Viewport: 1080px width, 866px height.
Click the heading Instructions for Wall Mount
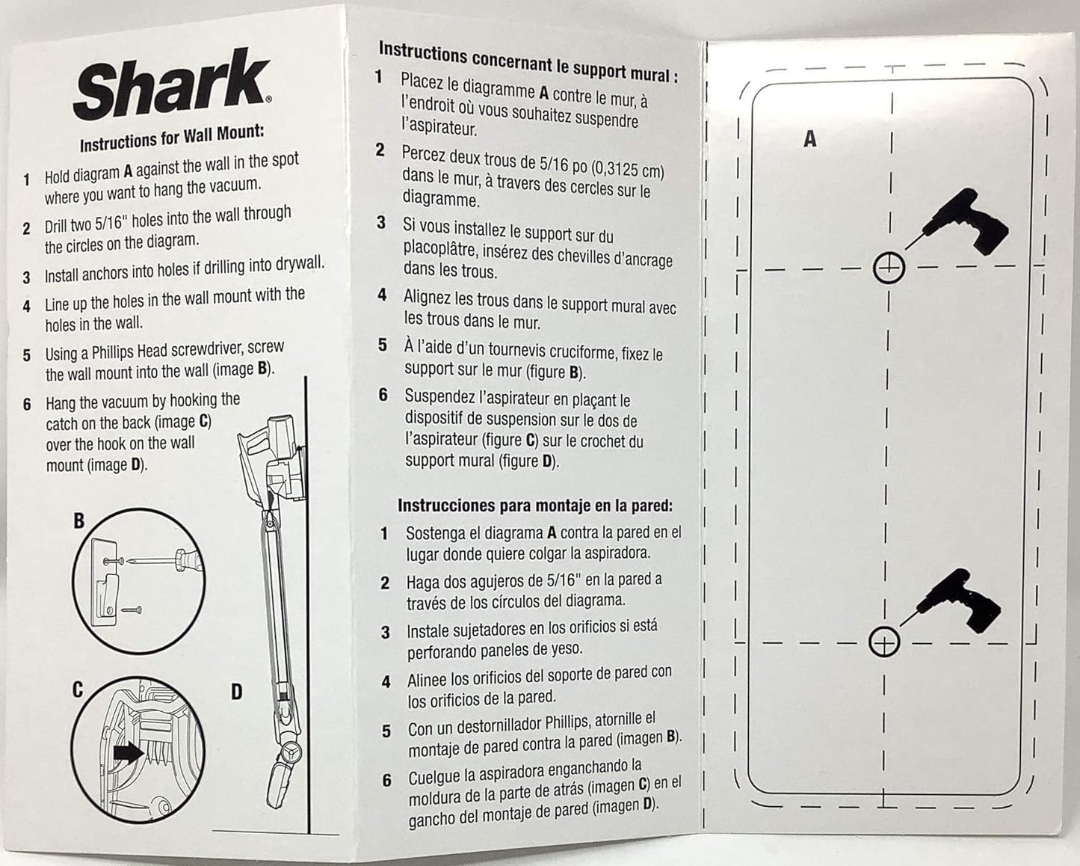pos(172,138)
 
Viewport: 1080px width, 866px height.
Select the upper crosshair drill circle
pos(889,267)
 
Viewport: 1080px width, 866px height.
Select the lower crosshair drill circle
pos(885,642)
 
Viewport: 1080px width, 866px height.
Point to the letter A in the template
pos(809,139)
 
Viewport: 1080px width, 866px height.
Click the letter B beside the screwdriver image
pos(78,520)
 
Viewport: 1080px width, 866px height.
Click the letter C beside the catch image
pos(77,689)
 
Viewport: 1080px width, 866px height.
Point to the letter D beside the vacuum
pos(236,692)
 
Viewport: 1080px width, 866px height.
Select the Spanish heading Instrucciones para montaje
pos(534,506)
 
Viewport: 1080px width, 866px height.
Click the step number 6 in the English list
pos(27,405)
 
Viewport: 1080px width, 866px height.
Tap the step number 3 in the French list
pos(381,223)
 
